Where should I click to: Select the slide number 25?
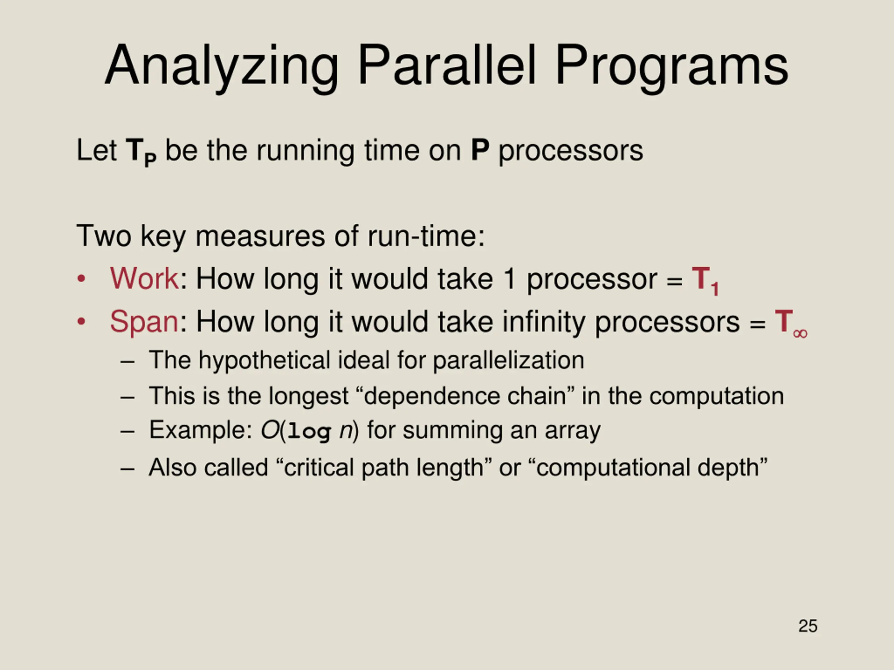(x=808, y=626)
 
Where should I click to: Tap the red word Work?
(x=144, y=279)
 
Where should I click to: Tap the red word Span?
(x=144, y=322)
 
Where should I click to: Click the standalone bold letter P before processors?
(x=480, y=150)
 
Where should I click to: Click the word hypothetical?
(x=264, y=360)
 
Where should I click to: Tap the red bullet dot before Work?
(x=81, y=279)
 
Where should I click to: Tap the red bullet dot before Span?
(x=81, y=322)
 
